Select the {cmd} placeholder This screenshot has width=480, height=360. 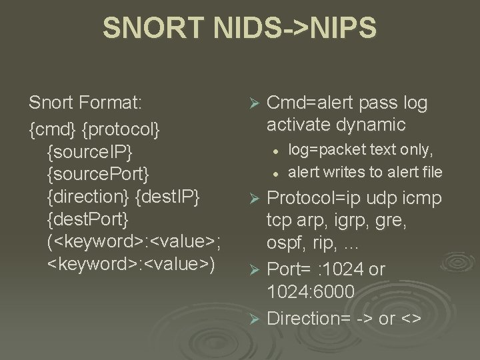coord(52,127)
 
